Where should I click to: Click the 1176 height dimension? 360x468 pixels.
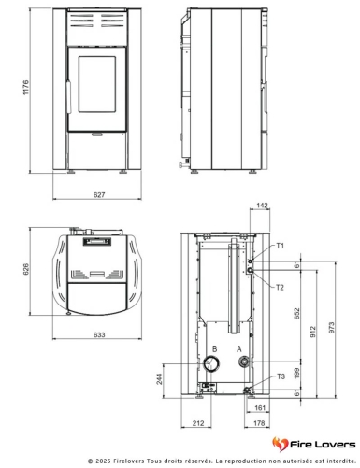click(26, 88)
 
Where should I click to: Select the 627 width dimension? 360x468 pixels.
click(99, 195)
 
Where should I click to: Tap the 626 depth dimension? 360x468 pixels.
click(26, 269)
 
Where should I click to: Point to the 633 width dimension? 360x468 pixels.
click(99, 334)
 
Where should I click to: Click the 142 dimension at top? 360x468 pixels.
click(262, 206)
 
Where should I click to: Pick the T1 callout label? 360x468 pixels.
click(281, 246)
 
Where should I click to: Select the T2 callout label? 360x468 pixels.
click(280, 287)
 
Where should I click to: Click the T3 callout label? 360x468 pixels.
click(281, 376)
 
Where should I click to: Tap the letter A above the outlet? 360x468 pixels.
click(239, 349)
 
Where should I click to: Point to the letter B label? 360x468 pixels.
click(214, 348)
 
